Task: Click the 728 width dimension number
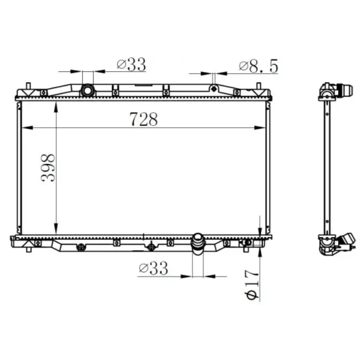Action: click(x=144, y=119)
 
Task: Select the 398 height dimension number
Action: click(x=48, y=168)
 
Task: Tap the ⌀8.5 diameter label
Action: click(x=258, y=67)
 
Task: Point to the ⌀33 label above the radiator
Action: click(x=131, y=64)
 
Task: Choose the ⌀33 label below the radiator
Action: click(x=154, y=268)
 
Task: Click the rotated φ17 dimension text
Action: click(x=251, y=285)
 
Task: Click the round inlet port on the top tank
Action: click(x=87, y=91)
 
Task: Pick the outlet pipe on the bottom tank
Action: click(x=198, y=244)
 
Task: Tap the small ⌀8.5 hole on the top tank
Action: click(x=214, y=89)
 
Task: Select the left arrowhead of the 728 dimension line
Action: click(x=27, y=128)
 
